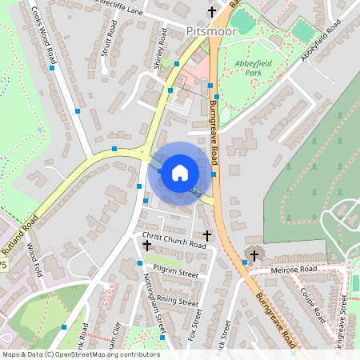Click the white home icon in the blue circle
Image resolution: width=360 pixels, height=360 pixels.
(179, 172)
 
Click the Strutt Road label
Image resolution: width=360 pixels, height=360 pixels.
(106, 36)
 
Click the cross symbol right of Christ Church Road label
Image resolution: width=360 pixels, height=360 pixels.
(208, 236)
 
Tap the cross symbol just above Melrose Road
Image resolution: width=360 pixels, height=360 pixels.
(255, 256)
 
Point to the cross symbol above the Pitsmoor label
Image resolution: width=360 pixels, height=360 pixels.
(212, 12)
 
